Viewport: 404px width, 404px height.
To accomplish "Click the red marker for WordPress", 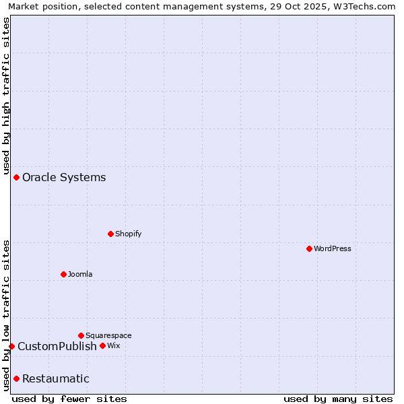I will click(x=309, y=248).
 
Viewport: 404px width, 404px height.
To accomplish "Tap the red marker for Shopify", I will click(x=110, y=234).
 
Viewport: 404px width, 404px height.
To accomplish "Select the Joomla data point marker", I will click(x=63, y=274).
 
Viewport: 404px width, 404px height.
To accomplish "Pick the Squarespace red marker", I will click(x=81, y=335).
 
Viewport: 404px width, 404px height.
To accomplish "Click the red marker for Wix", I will click(x=102, y=345).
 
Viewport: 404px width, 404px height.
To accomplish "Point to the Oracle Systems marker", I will click(x=16, y=177).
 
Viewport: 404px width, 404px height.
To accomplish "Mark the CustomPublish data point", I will click(x=11, y=346).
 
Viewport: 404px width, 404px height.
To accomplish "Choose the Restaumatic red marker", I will click(x=16, y=378).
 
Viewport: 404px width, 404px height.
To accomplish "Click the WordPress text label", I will click(x=333, y=248).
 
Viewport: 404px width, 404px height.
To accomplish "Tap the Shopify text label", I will click(x=128, y=234).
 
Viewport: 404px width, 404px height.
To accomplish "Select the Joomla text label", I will click(x=80, y=274).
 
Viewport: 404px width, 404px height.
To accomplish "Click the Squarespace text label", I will click(x=108, y=335).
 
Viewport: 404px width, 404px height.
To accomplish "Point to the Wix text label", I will click(x=113, y=345).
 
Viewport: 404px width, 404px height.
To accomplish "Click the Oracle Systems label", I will click(x=64, y=177).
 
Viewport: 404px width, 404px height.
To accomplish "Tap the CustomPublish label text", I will click(x=57, y=346).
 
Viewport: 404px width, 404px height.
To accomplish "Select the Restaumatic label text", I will click(x=56, y=378).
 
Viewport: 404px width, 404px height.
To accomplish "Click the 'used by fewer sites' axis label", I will click(x=69, y=399).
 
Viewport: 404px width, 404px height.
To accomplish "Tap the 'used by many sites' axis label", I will click(x=338, y=399).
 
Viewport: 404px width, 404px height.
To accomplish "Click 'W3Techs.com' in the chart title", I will click(x=368, y=6).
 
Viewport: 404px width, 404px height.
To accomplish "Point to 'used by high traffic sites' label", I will click(x=6, y=96).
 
